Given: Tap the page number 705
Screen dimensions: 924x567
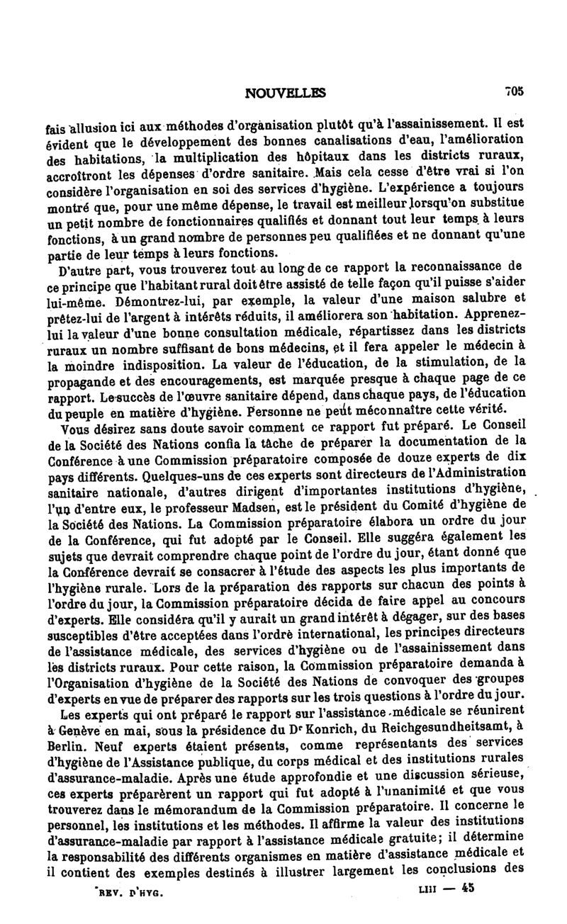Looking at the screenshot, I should (x=513, y=91).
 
